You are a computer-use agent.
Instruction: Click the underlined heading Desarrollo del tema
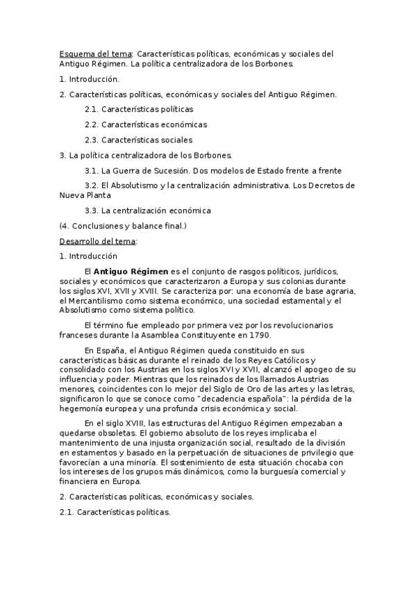98,241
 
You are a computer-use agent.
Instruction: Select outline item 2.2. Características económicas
146,125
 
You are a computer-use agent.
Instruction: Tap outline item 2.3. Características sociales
138,140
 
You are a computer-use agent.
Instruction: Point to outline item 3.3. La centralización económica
147,210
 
